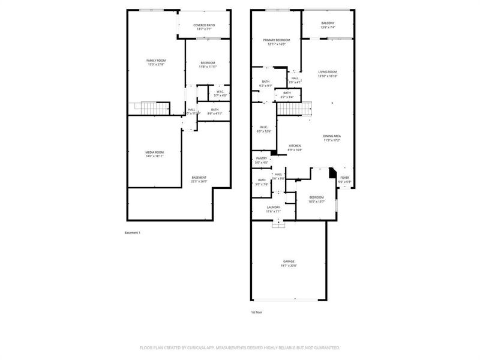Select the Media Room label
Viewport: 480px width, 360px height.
tap(154, 154)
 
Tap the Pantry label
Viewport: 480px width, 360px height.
tap(261, 160)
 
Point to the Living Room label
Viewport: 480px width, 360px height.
tap(327, 73)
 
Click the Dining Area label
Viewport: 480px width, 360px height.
tap(332, 137)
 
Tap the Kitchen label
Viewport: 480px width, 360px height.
tap(295, 148)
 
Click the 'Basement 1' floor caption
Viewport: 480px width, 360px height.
tap(132, 233)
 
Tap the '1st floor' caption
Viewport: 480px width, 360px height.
tap(256, 313)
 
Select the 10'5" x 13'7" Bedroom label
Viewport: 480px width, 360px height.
tap(316, 199)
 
